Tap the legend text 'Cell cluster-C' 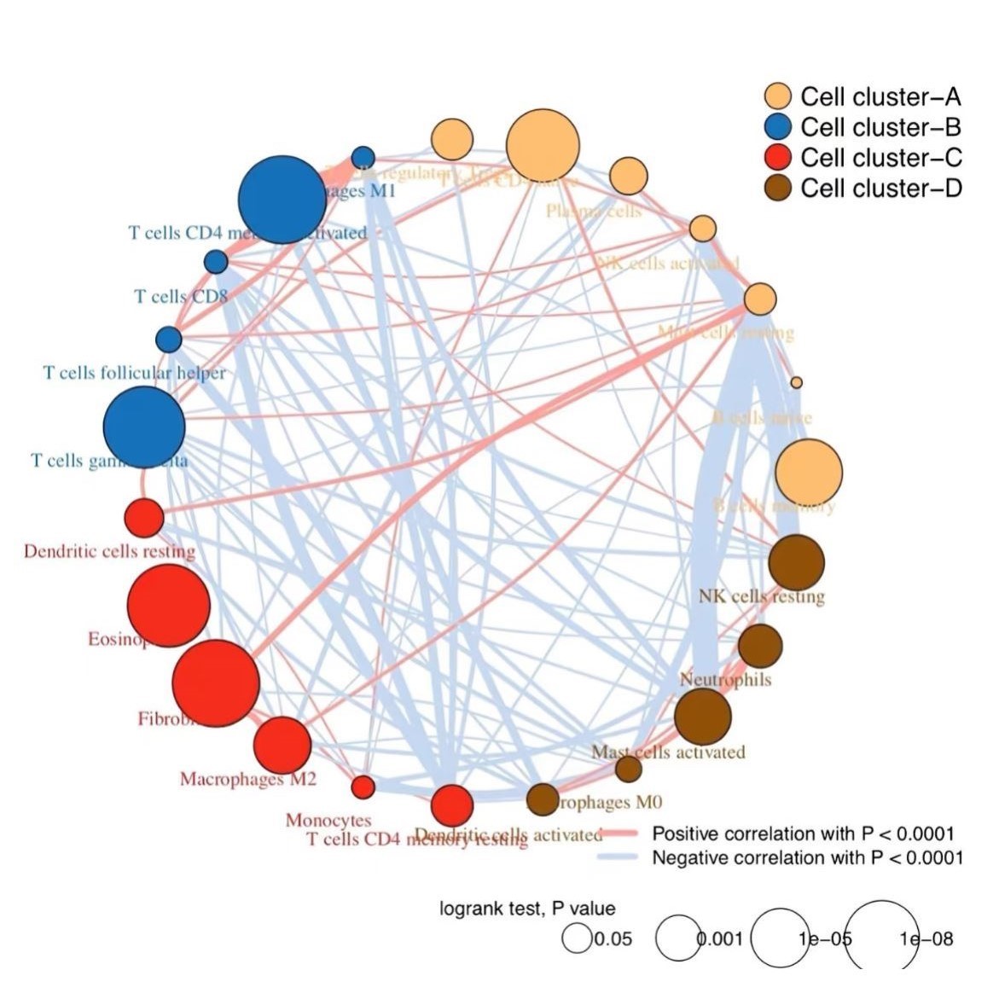pyautogui.click(x=880, y=158)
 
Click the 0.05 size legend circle pyautogui.click(x=578, y=939)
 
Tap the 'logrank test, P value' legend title pyautogui.click(x=527, y=909)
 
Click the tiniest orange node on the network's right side pyautogui.click(x=796, y=382)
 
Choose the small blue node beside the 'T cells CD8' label pyautogui.click(x=216, y=261)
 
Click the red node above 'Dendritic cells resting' pyautogui.click(x=144, y=518)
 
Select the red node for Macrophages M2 pyautogui.click(x=282, y=745)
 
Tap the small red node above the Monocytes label pyautogui.click(x=363, y=787)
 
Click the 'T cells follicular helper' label pyautogui.click(x=135, y=373)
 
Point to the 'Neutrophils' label pyautogui.click(x=725, y=680)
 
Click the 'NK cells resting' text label pyautogui.click(x=762, y=596)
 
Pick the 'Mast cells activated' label pyautogui.click(x=668, y=752)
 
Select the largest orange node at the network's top pyautogui.click(x=543, y=146)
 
